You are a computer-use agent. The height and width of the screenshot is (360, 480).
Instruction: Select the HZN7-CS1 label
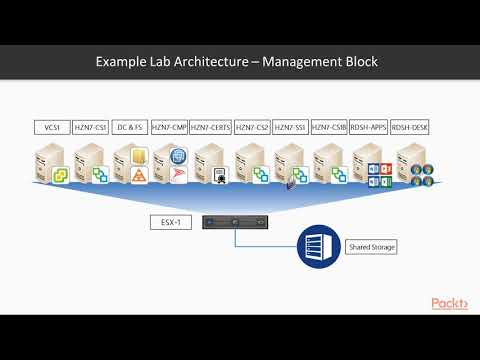tap(90, 128)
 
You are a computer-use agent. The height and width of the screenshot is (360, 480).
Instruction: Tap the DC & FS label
tap(130, 128)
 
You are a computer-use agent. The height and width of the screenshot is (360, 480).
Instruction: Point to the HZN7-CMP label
tap(169, 128)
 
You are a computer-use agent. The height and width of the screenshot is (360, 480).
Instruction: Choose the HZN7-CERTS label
tap(210, 128)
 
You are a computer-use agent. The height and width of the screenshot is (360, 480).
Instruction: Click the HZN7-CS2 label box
tap(251, 128)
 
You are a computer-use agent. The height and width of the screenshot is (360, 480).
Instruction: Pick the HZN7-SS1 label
tap(290, 128)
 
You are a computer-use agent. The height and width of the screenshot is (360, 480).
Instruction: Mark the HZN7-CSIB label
tap(329, 128)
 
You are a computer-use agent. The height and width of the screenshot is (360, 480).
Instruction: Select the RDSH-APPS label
tap(369, 128)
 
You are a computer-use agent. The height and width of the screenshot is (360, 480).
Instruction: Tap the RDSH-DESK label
tap(409, 128)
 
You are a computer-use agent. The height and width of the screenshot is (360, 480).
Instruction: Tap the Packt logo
tap(451, 304)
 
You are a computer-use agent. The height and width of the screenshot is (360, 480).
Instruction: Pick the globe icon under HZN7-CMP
tap(178, 156)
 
